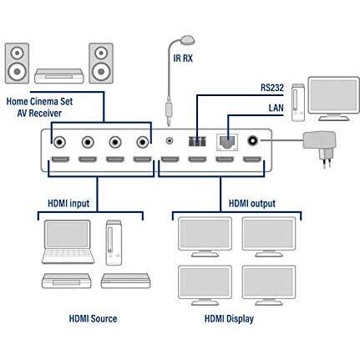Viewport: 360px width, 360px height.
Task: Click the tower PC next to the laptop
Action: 114,243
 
